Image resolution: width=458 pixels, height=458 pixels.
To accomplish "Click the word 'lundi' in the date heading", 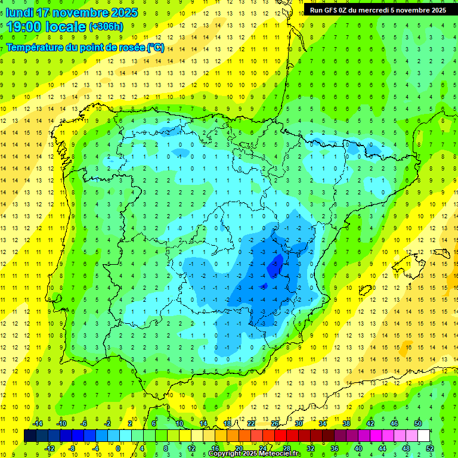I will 19,13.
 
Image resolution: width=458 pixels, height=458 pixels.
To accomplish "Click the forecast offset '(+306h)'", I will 106,27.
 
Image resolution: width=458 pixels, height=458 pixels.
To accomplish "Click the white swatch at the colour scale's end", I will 423,436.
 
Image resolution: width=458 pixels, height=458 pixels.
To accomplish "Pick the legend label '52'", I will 429,448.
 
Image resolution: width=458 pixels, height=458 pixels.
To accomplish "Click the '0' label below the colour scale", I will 118,448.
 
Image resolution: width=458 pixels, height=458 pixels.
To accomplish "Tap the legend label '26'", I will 274,423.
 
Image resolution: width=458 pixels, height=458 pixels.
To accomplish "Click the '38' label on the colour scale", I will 346,423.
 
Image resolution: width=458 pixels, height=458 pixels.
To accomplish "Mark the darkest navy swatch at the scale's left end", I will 30,436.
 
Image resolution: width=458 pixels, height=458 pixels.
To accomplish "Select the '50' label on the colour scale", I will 417,423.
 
